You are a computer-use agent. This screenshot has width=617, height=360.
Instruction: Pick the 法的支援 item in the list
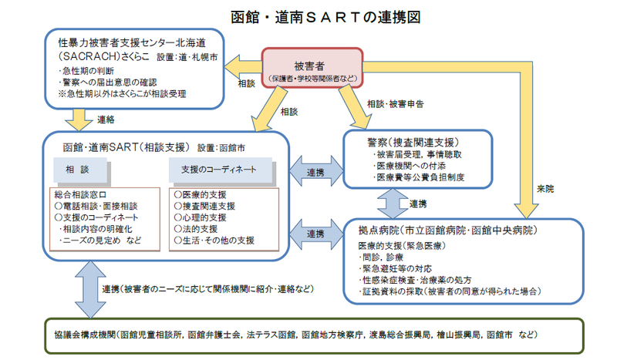point(196,229)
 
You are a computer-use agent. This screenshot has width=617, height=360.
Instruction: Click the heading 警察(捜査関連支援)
point(414,142)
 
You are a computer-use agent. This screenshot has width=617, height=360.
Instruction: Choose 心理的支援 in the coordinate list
point(201,217)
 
